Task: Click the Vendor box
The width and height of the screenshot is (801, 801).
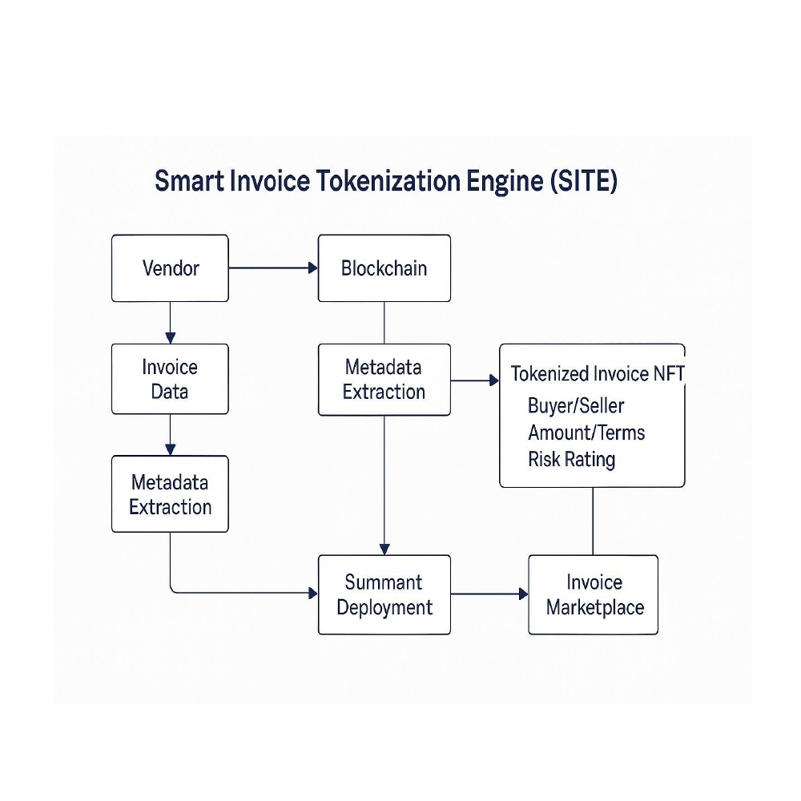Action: point(170,268)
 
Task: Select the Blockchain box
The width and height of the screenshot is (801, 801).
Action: point(384,268)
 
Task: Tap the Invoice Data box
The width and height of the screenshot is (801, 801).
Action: point(170,379)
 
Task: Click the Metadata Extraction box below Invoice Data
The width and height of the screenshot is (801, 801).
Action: point(170,494)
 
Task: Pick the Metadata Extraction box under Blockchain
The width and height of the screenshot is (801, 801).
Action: point(384,380)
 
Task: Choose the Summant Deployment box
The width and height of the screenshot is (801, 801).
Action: point(384,594)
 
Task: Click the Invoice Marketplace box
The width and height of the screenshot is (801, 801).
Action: point(594,594)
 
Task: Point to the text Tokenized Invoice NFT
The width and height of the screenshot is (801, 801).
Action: point(597,374)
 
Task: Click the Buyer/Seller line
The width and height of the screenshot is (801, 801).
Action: point(575,405)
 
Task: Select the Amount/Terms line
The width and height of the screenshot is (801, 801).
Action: point(586,433)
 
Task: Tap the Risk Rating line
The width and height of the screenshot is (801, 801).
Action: point(571,460)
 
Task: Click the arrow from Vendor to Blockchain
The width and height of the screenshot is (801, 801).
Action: point(272,268)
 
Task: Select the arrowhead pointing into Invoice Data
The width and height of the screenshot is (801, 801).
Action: point(170,338)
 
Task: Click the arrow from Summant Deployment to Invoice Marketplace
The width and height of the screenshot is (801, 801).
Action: point(489,594)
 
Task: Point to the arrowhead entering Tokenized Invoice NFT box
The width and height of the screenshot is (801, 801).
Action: point(493,380)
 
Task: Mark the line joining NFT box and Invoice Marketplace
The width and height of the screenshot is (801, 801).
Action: point(593,521)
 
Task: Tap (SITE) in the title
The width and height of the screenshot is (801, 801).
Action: point(584,181)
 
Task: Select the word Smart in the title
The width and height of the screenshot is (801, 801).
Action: point(189,181)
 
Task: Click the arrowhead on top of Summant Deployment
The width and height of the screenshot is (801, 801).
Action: point(384,549)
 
